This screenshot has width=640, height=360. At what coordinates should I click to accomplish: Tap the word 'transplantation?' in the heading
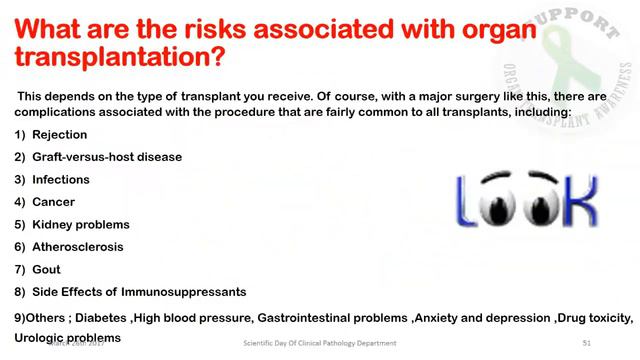click(x=120, y=55)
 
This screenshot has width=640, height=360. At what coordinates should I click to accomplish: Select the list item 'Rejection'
click(x=60, y=135)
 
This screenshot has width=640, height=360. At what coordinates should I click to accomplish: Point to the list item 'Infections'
click(x=61, y=180)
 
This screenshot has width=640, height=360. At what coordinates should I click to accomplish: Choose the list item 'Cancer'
click(x=54, y=202)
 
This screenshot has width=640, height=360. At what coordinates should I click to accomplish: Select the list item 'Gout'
click(x=47, y=269)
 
